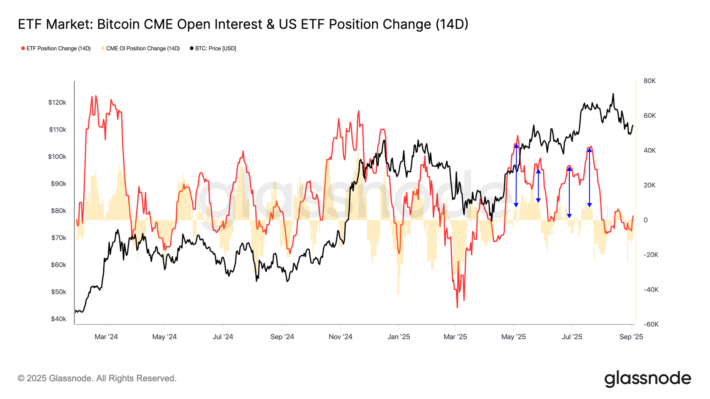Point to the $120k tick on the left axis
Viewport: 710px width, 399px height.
(58, 102)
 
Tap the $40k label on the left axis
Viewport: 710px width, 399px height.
(59, 319)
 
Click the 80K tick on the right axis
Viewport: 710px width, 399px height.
(649, 81)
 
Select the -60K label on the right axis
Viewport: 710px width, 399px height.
(651, 324)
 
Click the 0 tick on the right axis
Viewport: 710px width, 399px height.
(645, 220)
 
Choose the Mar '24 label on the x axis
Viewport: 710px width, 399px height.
(106, 337)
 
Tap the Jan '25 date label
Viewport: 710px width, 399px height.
(399, 337)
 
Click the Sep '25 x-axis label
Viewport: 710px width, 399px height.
(631, 337)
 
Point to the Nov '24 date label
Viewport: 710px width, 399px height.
(340, 337)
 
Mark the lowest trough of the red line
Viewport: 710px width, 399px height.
(457, 307)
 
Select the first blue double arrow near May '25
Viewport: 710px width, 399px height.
(516, 176)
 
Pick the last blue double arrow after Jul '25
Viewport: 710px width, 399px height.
(589, 177)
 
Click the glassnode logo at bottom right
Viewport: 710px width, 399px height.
(648, 378)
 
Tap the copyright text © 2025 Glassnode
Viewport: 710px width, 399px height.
(97, 378)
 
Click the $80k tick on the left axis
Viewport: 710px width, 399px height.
(59, 211)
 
